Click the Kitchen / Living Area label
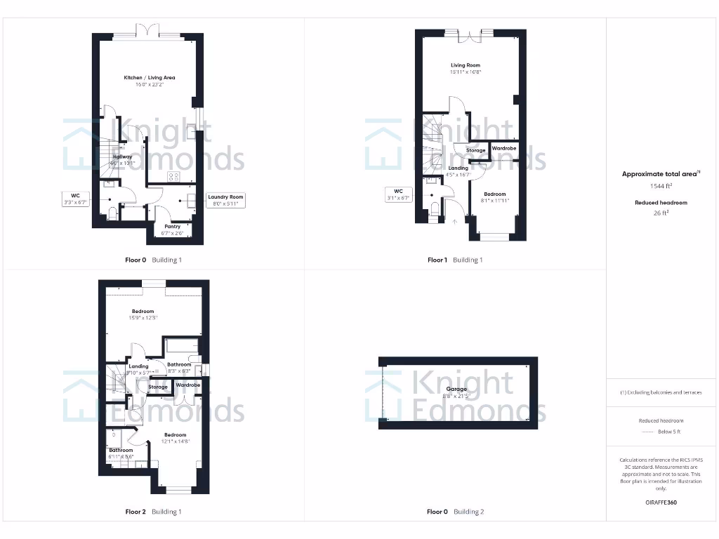click(150, 81)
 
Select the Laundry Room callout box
click(225, 201)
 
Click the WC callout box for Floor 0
click(74, 199)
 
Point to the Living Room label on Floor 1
click(466, 69)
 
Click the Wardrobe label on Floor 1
click(504, 149)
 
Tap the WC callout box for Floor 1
click(398, 194)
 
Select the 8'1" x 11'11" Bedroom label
click(494, 197)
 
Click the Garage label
click(456, 393)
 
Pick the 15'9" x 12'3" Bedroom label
click(143, 314)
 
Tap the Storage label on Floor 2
click(158, 387)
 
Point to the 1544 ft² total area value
click(661, 187)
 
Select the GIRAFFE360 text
click(661, 503)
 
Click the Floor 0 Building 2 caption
click(455, 512)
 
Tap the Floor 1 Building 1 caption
click(455, 260)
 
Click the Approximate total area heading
click(661, 174)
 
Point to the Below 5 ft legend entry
click(661, 432)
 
